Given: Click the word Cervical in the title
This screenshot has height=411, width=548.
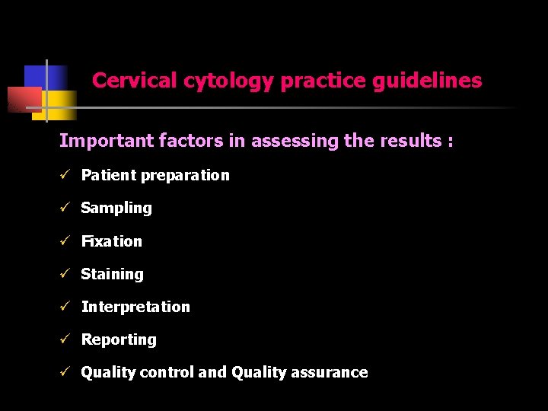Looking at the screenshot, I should pyautogui.click(x=135, y=81).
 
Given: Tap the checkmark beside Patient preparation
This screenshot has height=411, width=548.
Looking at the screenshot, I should pyautogui.click(x=65, y=175).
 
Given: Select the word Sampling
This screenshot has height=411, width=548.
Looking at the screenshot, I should pyautogui.click(x=116, y=208).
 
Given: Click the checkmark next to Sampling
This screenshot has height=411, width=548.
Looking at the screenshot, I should pyautogui.click(x=65, y=208).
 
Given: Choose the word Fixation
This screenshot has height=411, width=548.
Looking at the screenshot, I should pyautogui.click(x=112, y=241).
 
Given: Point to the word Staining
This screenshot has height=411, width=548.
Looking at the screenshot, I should pyautogui.click(x=112, y=274).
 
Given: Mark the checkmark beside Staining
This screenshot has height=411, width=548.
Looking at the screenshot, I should pyautogui.click(x=65, y=274).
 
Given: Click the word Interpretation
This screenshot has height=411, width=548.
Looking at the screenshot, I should pyautogui.click(x=135, y=307).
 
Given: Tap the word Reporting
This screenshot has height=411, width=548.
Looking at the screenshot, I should pyautogui.click(x=119, y=339).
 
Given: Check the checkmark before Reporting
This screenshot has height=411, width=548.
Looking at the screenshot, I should pyautogui.click(x=65, y=339).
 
